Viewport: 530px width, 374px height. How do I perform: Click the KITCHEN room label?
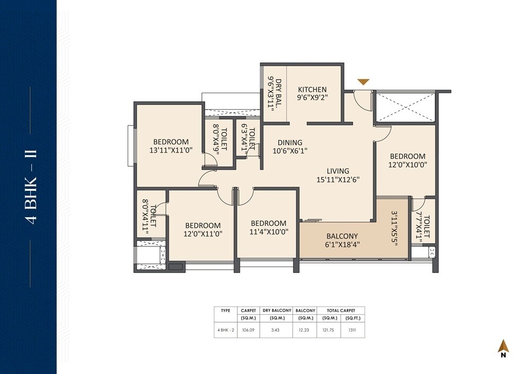click(312, 90)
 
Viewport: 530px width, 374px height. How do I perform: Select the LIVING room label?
click(338, 171)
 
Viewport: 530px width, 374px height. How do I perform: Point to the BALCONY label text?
click(342, 236)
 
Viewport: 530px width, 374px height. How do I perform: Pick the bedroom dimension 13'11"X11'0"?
click(171, 150)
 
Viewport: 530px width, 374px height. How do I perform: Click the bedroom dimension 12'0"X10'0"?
click(408, 165)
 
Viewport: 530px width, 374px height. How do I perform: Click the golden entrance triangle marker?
click(363, 82)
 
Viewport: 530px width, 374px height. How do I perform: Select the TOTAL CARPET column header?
click(340, 310)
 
